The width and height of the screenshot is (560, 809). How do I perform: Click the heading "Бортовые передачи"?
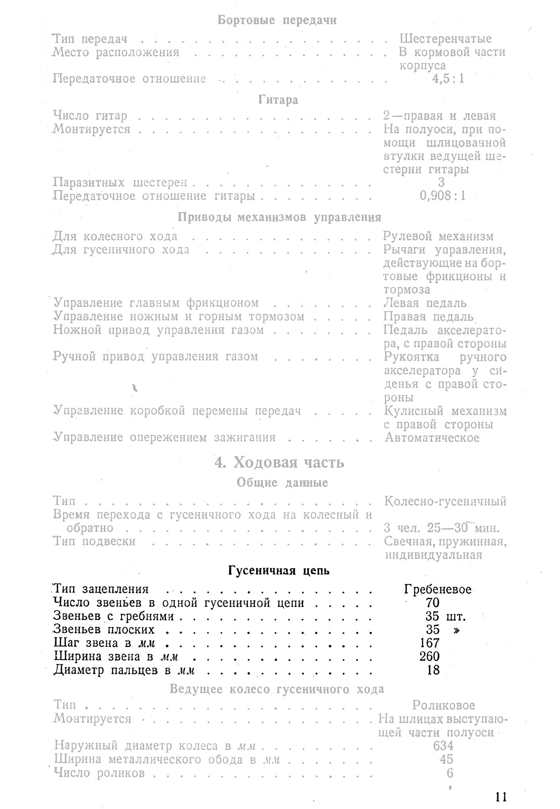tap(277, 20)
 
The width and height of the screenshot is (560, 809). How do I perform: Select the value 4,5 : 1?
tap(448, 79)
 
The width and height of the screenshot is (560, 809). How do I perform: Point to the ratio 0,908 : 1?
tap(443, 196)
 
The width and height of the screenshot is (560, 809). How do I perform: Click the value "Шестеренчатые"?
tap(446, 38)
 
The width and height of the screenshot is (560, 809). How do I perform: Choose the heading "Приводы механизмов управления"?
tap(279, 218)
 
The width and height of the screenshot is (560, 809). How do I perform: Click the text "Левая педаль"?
tap(425, 303)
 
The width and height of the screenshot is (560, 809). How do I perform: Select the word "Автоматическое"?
tap(432, 438)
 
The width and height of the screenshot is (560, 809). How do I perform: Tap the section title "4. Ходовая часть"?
tap(279, 463)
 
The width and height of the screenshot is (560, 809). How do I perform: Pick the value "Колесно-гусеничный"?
tap(445, 501)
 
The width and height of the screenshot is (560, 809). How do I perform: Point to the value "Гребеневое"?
tap(437, 589)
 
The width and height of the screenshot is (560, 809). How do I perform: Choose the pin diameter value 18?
tap(433, 670)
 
